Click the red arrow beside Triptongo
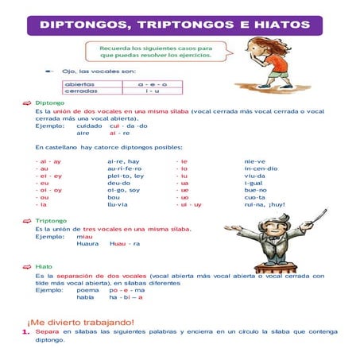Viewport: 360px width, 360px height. coord(27,220)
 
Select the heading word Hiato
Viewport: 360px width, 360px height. coord(45,267)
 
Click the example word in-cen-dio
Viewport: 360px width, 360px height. coord(261,168)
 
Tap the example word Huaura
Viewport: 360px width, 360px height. coord(87,243)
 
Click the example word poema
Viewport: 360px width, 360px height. coord(87,290)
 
